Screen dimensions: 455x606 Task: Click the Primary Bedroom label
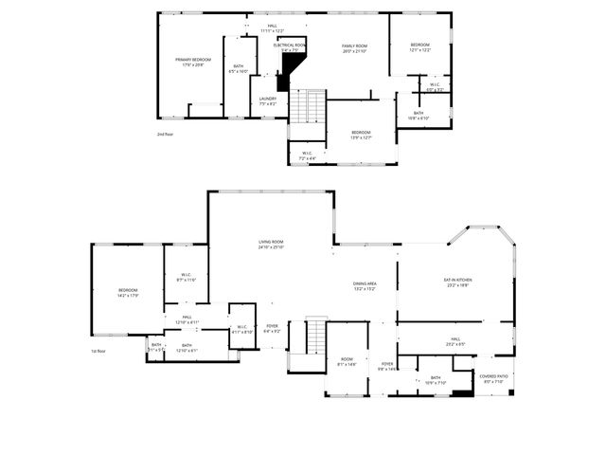click(193, 62)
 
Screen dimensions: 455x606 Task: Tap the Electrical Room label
click(289, 47)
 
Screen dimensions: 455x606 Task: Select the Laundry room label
click(267, 100)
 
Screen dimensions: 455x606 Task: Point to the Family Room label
click(354, 47)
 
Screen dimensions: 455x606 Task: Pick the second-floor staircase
click(307, 105)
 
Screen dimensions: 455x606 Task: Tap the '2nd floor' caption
click(166, 135)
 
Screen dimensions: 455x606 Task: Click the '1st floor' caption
click(98, 352)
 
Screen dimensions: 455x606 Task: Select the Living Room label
click(271, 245)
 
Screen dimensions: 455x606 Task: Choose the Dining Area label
click(365, 286)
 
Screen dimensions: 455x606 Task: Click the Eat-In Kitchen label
click(458, 282)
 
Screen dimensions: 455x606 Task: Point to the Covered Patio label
click(493, 378)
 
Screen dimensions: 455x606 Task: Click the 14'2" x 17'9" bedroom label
click(128, 293)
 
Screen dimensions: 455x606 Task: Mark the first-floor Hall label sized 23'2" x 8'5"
click(455, 341)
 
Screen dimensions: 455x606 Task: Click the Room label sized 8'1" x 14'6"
click(347, 361)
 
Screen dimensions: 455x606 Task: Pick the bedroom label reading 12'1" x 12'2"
click(420, 47)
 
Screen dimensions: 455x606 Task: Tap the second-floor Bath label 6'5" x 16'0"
click(238, 68)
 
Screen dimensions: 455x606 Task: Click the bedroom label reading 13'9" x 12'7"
click(361, 135)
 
